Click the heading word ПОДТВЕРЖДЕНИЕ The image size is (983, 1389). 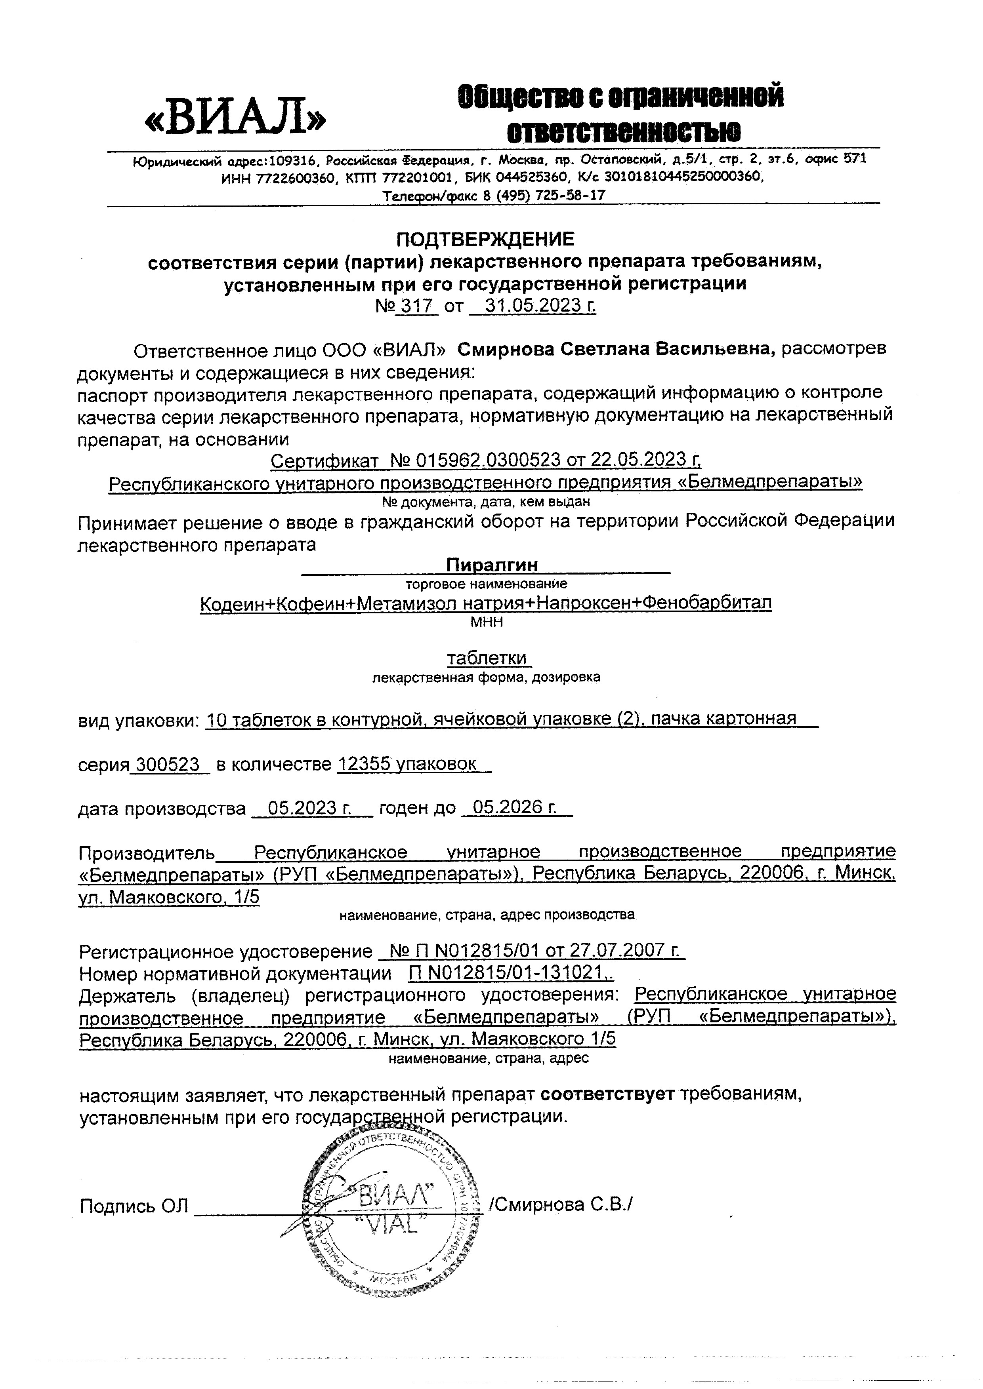tap(485, 240)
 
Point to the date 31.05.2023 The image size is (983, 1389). tap(532, 306)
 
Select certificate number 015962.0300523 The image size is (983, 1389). tap(488, 460)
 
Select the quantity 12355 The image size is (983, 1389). tap(363, 764)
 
